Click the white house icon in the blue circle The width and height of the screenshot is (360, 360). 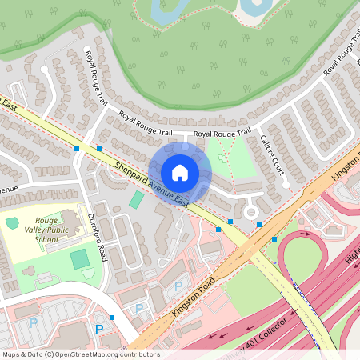point(180,172)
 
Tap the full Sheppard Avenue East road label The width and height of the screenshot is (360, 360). point(151,183)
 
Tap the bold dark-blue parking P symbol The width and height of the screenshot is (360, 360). point(100,329)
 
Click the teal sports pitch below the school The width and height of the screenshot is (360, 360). point(79,259)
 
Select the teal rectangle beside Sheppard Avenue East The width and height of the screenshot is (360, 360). point(137,199)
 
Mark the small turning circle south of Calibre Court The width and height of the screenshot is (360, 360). point(251,212)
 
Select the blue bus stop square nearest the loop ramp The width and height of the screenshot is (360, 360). point(274,238)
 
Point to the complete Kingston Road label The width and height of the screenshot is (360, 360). point(192,295)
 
